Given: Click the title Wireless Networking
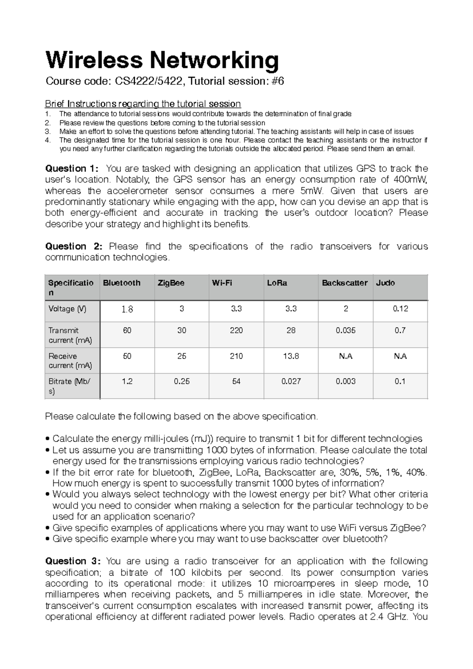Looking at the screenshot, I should point(162,60).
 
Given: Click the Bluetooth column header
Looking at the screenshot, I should point(121,283).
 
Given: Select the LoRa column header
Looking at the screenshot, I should point(277,283).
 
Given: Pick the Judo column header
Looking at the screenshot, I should point(385,283).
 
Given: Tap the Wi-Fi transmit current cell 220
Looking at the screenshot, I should point(236,330).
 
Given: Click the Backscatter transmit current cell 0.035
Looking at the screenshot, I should point(345,330).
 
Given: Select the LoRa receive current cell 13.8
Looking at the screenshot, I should point(291,356).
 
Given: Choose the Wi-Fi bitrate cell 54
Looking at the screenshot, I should point(236,381).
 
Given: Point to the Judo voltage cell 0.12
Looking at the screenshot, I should point(400,309).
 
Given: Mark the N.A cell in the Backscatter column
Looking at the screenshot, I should point(345,356).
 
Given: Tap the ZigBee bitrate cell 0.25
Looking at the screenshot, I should point(181,381).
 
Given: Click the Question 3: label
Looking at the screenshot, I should point(73,561).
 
